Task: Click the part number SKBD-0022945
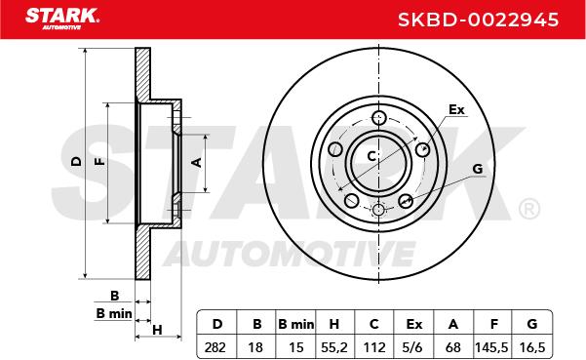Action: coord(478,20)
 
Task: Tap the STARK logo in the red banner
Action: coord(62,19)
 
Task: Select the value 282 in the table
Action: coord(215,347)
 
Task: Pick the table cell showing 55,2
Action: coord(334,347)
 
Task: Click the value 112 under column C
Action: coord(374,347)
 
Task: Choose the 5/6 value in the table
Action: coord(411,347)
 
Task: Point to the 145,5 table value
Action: coord(491,347)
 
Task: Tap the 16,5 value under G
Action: coord(532,347)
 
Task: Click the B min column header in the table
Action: coord(295,324)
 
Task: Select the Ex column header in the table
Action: coord(413,324)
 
